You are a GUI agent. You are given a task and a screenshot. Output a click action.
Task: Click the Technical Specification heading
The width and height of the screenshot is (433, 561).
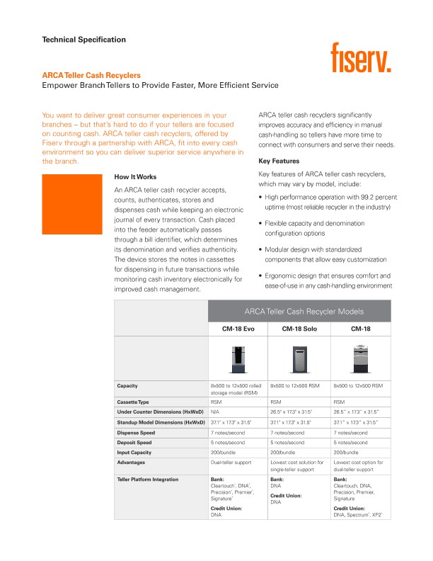(x=83, y=40)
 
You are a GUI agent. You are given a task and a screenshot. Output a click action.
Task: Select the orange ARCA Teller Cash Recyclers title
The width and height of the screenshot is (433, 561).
(x=91, y=75)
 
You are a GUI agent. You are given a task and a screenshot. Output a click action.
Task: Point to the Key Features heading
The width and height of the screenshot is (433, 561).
(x=279, y=161)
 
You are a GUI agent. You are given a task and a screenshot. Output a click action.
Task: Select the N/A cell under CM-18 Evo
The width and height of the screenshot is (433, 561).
(x=215, y=412)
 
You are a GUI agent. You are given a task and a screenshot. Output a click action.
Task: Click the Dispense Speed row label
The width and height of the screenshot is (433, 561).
(x=136, y=432)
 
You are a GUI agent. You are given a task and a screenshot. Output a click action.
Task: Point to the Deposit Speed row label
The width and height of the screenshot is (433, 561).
(x=135, y=442)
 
